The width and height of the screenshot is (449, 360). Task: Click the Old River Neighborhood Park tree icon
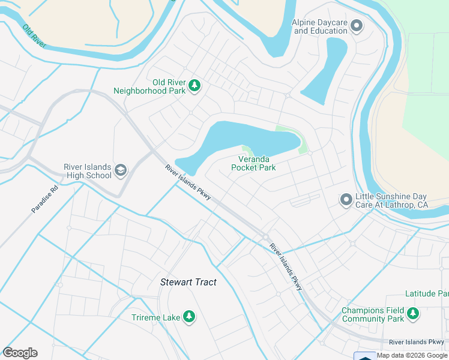tap(194, 86)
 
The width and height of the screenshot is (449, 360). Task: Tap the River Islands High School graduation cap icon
tap(121, 171)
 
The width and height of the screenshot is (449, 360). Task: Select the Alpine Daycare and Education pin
tap(357, 26)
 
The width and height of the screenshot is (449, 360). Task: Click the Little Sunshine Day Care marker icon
tap(346, 200)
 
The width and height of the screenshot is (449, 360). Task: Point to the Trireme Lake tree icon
tap(189, 316)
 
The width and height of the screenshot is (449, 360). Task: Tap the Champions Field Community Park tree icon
tap(413, 314)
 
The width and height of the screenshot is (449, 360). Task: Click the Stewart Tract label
tap(188, 282)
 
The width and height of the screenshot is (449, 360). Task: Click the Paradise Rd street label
tap(45, 199)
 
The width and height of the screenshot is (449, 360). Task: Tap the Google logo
tap(20, 353)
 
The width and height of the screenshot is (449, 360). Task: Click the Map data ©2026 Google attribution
tap(412, 355)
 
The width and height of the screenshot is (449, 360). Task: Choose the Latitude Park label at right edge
tap(427, 293)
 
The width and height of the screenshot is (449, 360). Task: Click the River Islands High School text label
tap(88, 171)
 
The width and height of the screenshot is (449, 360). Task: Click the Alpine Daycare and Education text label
tap(320, 26)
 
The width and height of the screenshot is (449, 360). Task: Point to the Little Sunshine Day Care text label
tap(391, 200)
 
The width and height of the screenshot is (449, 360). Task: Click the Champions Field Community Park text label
tap(373, 314)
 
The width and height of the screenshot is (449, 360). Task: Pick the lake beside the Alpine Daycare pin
tap(327, 69)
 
